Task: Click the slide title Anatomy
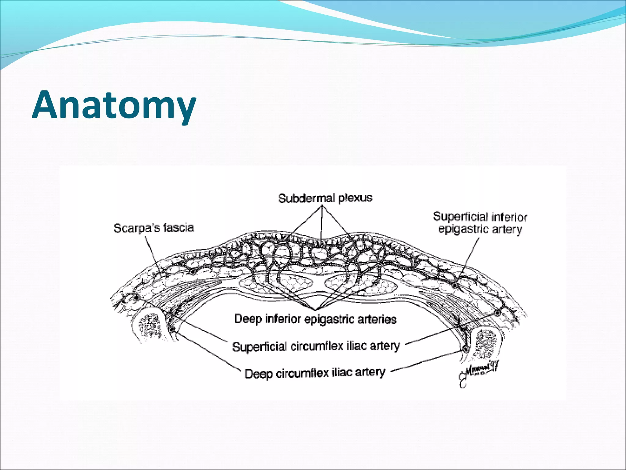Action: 114,105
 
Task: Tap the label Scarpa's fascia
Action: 154,228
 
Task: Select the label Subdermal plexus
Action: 325,198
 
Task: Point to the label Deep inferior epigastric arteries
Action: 315,319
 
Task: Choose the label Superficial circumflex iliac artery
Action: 316,346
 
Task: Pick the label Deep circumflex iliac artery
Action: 315,373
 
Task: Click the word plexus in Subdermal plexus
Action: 355,198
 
